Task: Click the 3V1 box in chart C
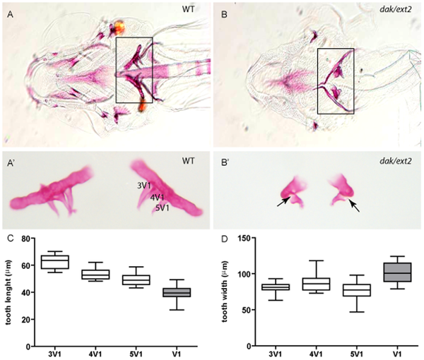(54, 262)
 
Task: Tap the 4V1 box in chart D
(310, 284)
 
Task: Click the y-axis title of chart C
(8, 292)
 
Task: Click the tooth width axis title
(220, 292)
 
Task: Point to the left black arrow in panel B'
(281, 203)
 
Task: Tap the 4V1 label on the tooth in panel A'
(158, 197)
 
